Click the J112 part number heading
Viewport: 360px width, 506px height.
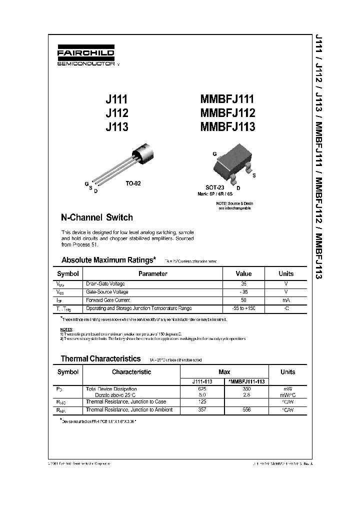(x=117, y=113)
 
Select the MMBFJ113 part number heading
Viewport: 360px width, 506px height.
(x=227, y=127)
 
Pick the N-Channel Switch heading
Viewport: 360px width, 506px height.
(x=96, y=217)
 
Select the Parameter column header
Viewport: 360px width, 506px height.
(x=152, y=274)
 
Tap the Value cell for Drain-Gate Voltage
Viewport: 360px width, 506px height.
(x=243, y=283)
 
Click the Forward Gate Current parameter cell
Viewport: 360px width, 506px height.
(x=108, y=300)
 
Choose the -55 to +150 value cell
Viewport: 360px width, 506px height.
(x=243, y=308)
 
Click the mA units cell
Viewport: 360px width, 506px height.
(x=286, y=300)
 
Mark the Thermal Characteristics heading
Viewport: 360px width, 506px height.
(x=100, y=358)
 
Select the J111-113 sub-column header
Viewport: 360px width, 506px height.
(x=201, y=381)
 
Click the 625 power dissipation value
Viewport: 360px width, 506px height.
(x=201, y=388)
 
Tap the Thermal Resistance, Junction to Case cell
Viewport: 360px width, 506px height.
(x=125, y=402)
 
